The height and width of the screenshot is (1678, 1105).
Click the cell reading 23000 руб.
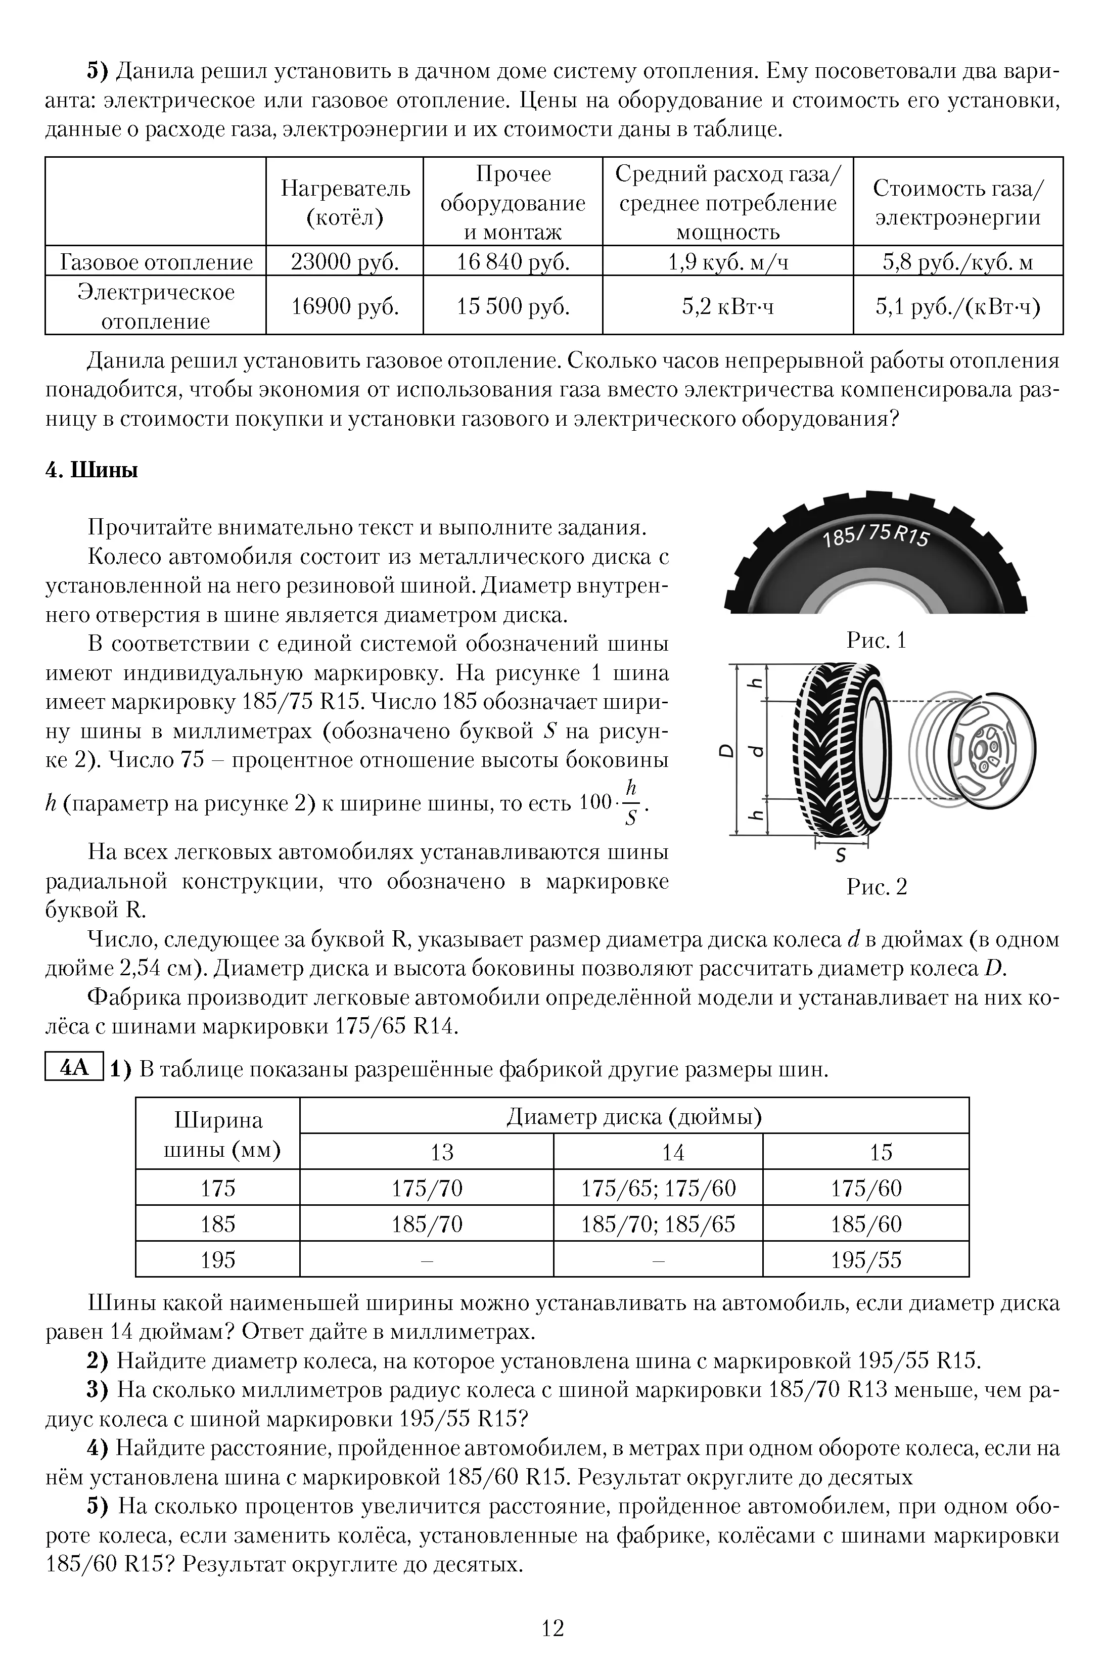coord(345,262)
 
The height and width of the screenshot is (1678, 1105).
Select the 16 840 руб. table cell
coord(513,262)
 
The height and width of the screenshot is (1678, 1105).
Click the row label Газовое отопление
coord(156,262)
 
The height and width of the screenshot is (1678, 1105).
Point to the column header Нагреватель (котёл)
coord(345,202)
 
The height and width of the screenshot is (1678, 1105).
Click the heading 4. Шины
coord(91,470)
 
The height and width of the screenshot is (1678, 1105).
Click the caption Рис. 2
coord(876,886)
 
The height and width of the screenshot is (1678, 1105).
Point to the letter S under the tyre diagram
coord(840,856)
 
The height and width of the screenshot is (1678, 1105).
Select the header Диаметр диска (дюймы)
coord(633,1117)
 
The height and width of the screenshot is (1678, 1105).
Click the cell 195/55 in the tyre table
coord(865,1260)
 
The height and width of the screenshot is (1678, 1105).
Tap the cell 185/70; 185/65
coord(658,1224)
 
